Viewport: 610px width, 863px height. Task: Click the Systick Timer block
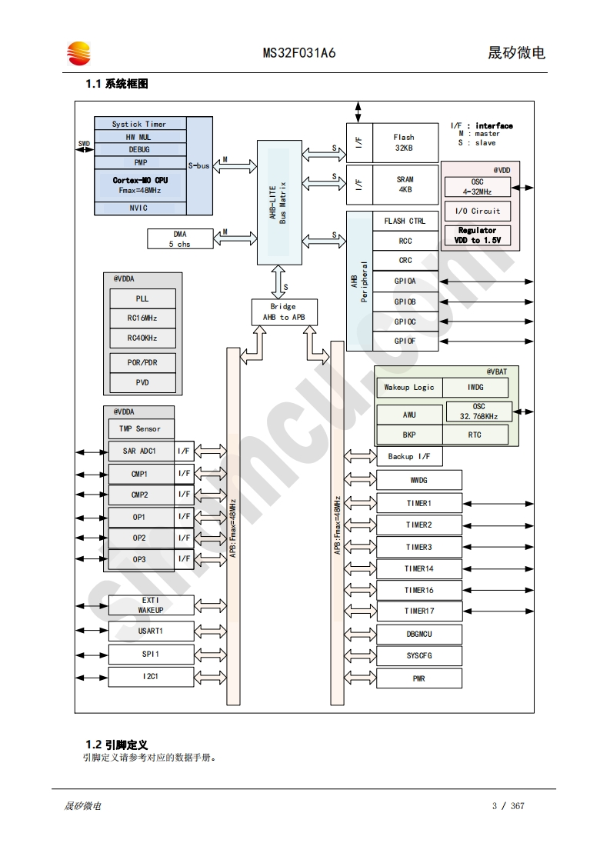(139, 124)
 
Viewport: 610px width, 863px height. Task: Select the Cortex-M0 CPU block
(139, 185)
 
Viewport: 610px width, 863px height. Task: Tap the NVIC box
(139, 208)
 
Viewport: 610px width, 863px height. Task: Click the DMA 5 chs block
(180, 238)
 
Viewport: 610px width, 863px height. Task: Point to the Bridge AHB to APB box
(284, 312)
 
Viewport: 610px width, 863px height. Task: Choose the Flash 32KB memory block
(405, 142)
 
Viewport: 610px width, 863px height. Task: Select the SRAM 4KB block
(405, 185)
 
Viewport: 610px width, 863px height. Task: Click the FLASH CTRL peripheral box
(405, 221)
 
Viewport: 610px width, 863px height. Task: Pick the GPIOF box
(405, 341)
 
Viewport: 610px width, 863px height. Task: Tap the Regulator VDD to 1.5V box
(477, 235)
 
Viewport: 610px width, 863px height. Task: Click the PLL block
(142, 298)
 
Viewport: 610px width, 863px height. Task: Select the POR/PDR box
(142, 362)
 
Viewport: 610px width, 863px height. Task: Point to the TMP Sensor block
(140, 429)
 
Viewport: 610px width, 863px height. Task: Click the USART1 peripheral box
(151, 631)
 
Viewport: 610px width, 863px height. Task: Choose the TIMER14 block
(418, 569)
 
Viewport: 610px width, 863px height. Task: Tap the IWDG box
(475, 388)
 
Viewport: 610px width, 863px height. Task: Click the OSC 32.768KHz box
(478, 412)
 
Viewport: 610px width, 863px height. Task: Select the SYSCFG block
(418, 656)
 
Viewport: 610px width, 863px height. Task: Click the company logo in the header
(78, 53)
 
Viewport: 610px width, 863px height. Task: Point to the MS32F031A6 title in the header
(299, 53)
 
